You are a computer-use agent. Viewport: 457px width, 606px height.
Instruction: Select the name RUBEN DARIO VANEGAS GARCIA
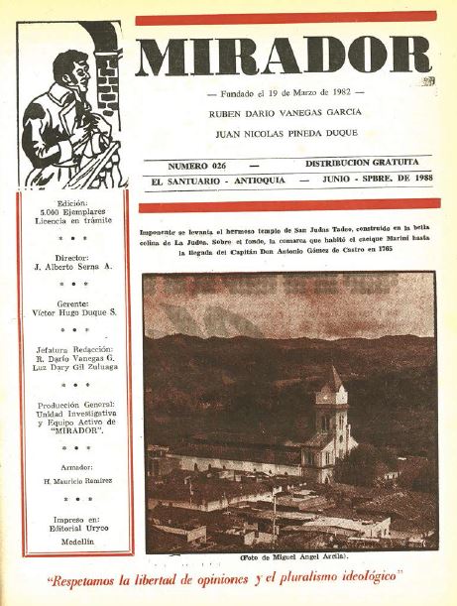(x=284, y=112)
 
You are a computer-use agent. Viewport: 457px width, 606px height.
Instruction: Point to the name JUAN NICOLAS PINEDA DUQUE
(x=284, y=132)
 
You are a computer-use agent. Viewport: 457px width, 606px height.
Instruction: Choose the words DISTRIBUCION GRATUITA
(x=362, y=161)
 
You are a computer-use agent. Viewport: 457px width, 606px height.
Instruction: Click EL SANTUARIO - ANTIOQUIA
(x=212, y=182)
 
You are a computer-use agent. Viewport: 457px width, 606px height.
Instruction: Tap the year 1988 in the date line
(x=406, y=182)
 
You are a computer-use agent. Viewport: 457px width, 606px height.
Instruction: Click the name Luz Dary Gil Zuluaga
(x=73, y=367)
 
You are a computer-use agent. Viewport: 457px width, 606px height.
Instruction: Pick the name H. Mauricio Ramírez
(x=73, y=479)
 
